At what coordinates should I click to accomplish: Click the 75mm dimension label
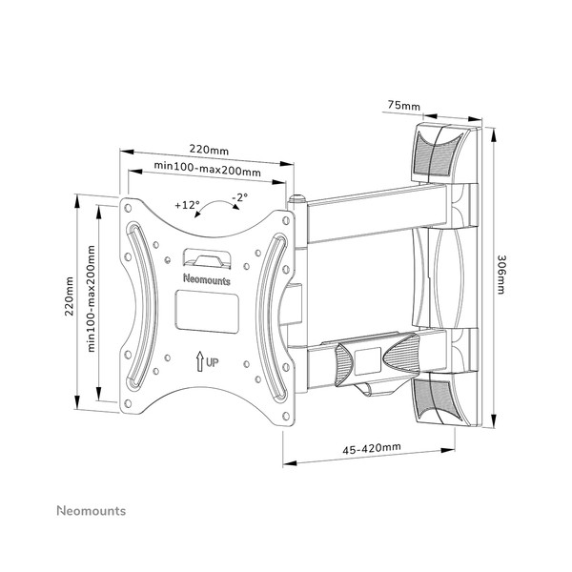click(x=404, y=106)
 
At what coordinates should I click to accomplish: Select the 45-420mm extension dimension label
click(x=372, y=448)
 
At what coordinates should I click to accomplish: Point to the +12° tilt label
click(x=187, y=205)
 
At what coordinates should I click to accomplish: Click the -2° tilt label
click(x=240, y=197)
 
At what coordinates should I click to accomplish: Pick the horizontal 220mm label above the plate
click(x=209, y=150)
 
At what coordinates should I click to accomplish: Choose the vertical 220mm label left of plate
click(x=69, y=296)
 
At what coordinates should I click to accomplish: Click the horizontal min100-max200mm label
click(x=207, y=168)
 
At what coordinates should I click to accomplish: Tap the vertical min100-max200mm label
click(x=91, y=298)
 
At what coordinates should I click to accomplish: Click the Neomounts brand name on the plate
click(x=207, y=279)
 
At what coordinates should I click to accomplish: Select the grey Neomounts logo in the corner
click(x=92, y=511)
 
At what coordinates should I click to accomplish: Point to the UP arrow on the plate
click(x=199, y=361)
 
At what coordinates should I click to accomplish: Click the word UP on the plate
click(x=213, y=362)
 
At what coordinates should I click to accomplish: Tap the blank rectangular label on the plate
click(x=207, y=312)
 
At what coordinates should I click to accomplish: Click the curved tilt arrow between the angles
click(x=216, y=204)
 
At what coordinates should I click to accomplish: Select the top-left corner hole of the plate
click(x=128, y=208)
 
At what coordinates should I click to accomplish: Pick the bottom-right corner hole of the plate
click(x=286, y=416)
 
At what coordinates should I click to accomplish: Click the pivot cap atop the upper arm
click(x=296, y=199)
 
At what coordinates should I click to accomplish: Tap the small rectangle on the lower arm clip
click(x=367, y=361)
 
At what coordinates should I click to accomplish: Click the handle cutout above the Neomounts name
click(x=207, y=258)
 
